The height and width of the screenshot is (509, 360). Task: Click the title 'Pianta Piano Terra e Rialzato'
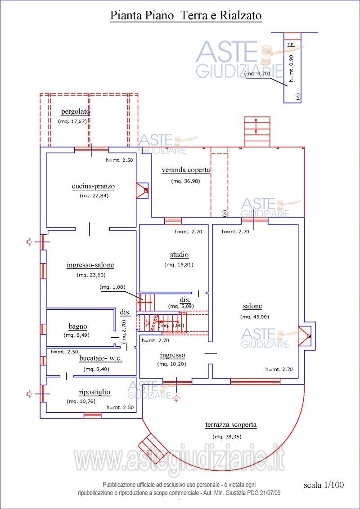point(186,16)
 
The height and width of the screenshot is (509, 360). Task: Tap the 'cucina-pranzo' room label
point(93,186)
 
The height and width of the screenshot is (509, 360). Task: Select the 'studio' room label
point(179,255)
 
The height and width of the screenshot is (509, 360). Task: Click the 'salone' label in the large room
point(252,306)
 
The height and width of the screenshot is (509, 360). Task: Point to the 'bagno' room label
point(78,326)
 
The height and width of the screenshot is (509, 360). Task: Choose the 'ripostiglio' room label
point(94,392)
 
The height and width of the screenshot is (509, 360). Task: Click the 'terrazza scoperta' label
point(231,424)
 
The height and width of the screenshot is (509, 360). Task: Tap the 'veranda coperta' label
point(186,170)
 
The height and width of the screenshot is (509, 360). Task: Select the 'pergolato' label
point(76,112)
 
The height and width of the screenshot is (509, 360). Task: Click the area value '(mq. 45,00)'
point(255,317)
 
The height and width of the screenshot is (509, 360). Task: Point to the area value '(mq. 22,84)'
point(94,196)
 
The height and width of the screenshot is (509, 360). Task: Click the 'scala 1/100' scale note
point(324,485)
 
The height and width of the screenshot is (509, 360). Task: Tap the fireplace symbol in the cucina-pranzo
point(143,190)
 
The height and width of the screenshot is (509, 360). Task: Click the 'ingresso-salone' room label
point(90,265)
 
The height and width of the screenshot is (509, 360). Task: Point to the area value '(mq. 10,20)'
point(171,364)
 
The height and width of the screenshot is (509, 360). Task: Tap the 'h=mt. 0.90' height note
point(291,68)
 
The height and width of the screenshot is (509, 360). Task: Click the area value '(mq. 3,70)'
point(257,73)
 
